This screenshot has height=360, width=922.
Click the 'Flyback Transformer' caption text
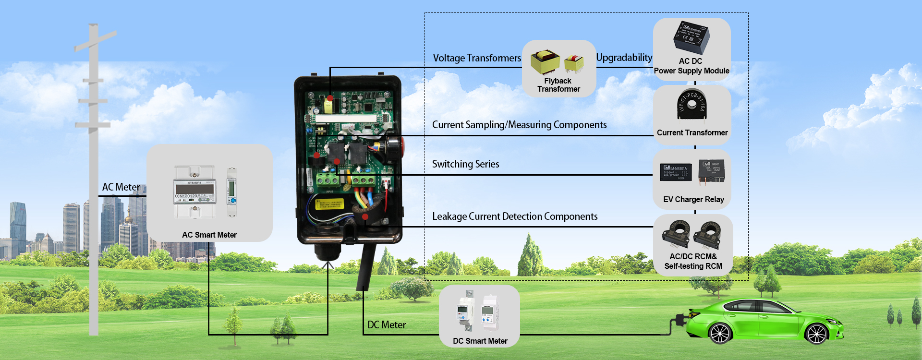tap(558, 85)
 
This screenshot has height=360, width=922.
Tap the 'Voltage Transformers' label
tap(477, 58)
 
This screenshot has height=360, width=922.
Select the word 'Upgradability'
tap(624, 58)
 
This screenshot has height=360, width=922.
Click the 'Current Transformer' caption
tap(692, 133)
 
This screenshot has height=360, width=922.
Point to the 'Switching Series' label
tap(465, 164)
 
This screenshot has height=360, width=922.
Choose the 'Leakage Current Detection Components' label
tap(515, 216)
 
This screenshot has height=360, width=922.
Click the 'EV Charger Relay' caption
tap(693, 199)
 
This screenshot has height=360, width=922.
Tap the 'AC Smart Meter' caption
tap(209, 235)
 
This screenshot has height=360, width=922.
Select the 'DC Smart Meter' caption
tap(480, 341)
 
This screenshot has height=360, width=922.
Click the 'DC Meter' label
tap(387, 325)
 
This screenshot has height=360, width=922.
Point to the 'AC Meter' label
tap(121, 187)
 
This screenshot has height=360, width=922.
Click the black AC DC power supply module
tap(691, 37)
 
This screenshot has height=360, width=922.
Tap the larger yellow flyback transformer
tap(545, 62)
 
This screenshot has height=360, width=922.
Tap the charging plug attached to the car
tap(680, 319)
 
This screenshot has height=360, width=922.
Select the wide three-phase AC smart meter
tap(194, 192)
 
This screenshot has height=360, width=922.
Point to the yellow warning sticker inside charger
tap(329, 204)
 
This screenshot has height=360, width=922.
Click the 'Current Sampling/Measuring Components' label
tap(519, 125)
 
